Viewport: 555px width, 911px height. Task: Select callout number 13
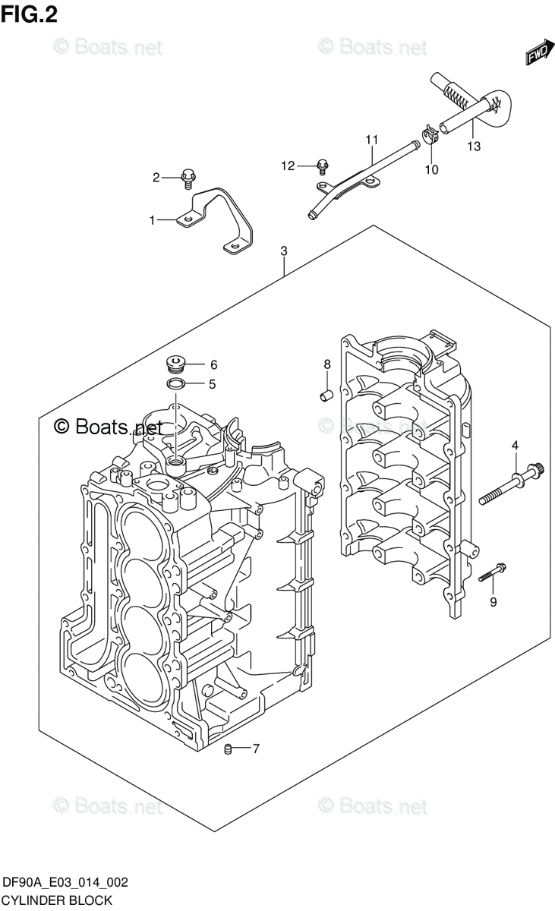(474, 147)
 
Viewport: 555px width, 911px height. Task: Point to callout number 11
(371, 140)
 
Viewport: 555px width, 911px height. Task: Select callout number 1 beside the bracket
(152, 220)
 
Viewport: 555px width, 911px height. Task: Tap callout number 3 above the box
(283, 251)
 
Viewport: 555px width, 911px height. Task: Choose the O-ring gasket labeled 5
(175, 384)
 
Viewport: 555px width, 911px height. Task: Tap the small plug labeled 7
(227, 750)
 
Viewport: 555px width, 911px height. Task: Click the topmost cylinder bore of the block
(142, 528)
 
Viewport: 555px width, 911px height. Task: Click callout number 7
(256, 749)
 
